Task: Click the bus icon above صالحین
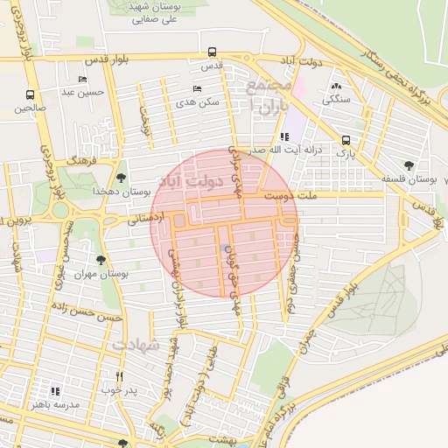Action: pyautogui.click(x=31, y=94)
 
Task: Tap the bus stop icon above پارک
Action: pyautogui.click(x=346, y=140)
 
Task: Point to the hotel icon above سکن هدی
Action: pyautogui.click(x=197, y=88)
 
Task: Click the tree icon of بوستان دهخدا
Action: pyautogui.click(x=121, y=178)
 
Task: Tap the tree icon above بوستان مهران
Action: pyautogui.click(x=101, y=260)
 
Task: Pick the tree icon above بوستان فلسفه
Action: pyautogui.click(x=409, y=164)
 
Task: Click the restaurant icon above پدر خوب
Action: pyautogui.click(x=119, y=376)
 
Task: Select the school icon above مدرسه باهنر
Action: pyautogui.click(x=56, y=391)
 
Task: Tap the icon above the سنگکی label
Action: pyautogui.click(x=336, y=87)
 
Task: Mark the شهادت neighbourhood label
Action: pyautogui.click(x=136, y=346)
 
